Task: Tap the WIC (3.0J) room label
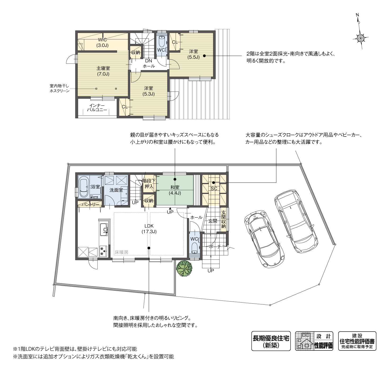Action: [x=102, y=43]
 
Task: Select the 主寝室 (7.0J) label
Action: [x=103, y=71]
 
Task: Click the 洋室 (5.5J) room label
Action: [x=193, y=54]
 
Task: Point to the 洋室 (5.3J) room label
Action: [x=148, y=91]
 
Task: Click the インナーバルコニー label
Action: [x=97, y=108]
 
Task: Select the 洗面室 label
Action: [x=116, y=190]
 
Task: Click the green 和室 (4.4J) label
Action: [x=175, y=190]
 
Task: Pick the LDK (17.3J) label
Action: [x=149, y=229]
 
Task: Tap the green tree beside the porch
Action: [x=184, y=268]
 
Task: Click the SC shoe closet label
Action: [x=214, y=189]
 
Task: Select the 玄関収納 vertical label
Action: [x=223, y=220]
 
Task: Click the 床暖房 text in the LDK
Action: [x=121, y=252]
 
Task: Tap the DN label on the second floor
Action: [x=148, y=61]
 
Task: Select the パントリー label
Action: [x=90, y=204]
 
